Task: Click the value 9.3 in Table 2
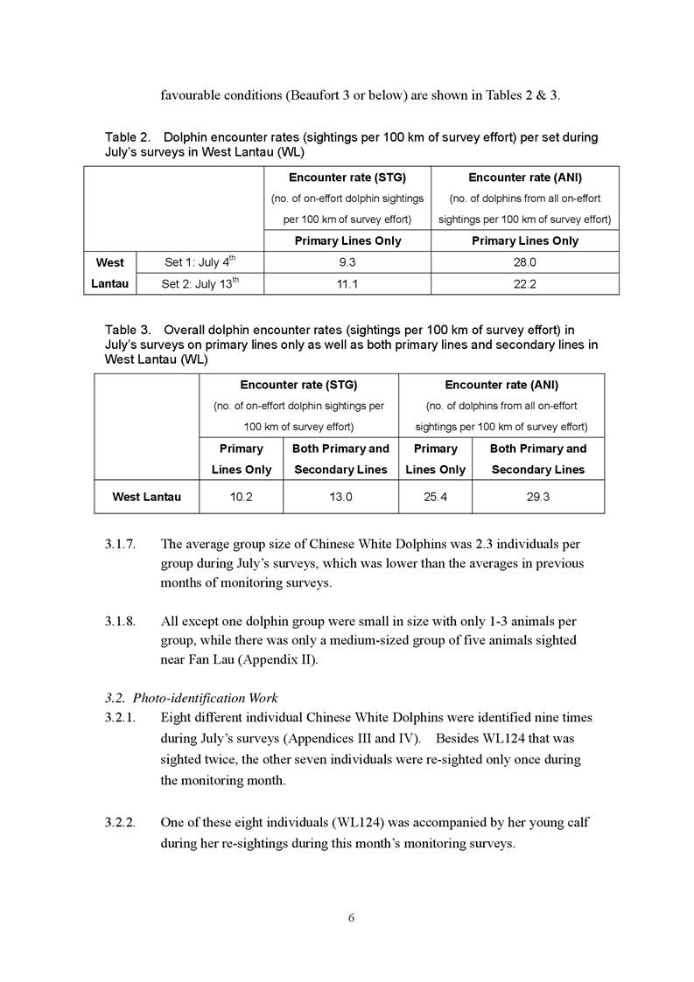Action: pos(347,262)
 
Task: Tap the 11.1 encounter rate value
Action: pos(347,283)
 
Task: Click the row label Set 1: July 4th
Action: pos(200,262)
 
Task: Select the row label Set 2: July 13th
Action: pos(200,283)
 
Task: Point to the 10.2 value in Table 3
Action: pos(242,497)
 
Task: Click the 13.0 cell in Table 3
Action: pos(340,497)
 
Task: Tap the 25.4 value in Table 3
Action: pos(435,497)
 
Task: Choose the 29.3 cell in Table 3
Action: pos(538,497)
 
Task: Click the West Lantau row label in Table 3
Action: pos(147,497)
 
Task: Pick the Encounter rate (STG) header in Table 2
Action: pos(347,178)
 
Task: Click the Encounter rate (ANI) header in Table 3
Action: pos(501,385)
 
